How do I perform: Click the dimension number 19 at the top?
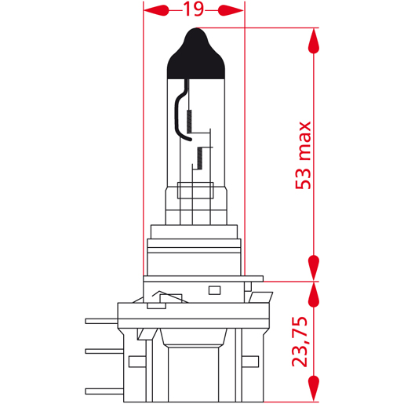click(x=194, y=9)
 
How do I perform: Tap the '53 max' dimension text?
click(x=303, y=155)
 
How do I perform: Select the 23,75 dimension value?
click(x=300, y=341)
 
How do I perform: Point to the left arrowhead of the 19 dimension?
click(x=156, y=10)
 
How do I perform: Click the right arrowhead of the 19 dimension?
click(x=231, y=10)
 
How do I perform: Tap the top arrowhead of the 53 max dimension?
click(x=314, y=41)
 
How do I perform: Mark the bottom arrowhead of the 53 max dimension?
click(x=314, y=268)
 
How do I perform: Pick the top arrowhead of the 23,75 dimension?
click(x=314, y=295)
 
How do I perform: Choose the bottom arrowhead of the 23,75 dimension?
click(x=314, y=388)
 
